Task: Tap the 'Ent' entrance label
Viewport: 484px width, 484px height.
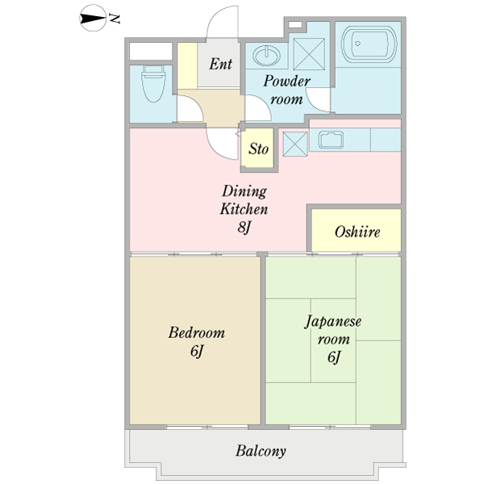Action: click(220, 64)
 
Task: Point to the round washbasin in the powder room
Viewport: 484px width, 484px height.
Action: click(265, 55)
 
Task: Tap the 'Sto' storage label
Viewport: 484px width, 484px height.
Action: click(258, 149)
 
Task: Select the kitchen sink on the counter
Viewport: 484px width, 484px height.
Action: click(332, 139)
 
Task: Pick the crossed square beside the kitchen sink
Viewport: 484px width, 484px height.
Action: click(294, 144)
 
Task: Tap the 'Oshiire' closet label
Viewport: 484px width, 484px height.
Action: click(356, 232)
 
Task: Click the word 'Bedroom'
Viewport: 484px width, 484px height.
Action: click(196, 332)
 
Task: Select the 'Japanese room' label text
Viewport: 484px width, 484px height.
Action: click(333, 329)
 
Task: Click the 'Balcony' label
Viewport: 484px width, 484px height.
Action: click(261, 451)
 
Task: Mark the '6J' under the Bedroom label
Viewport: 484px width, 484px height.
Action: click(196, 352)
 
